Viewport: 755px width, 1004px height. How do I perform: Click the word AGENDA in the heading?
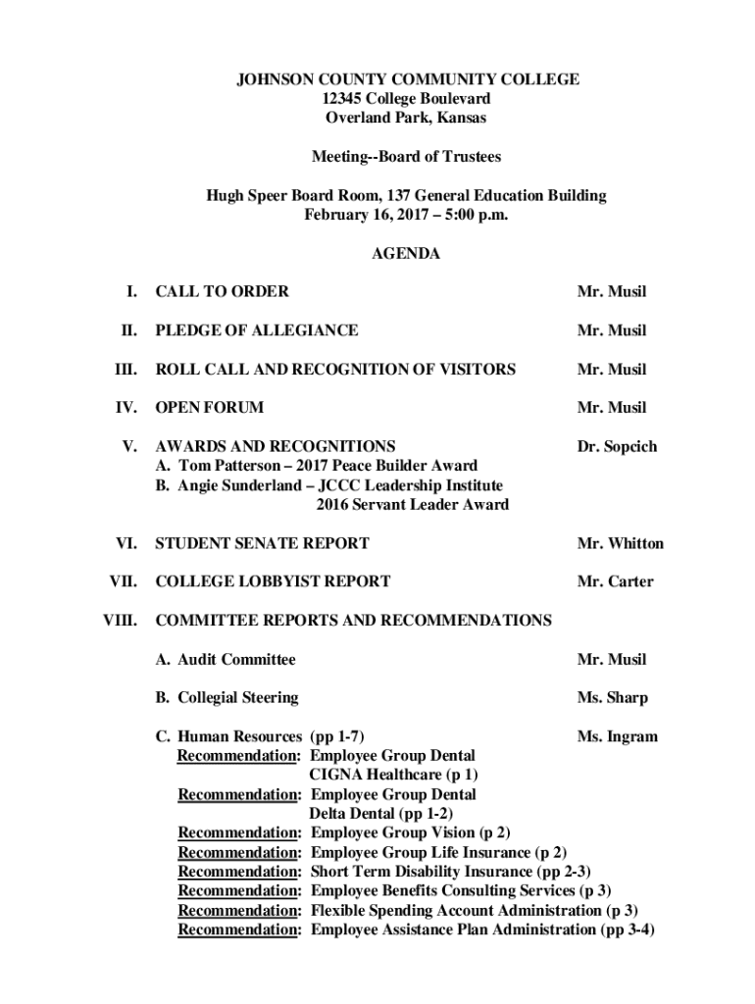(406, 254)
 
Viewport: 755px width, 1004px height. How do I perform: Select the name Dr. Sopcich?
(617, 447)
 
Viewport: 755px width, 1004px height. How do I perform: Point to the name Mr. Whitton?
(620, 543)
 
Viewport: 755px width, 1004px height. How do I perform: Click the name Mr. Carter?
(615, 581)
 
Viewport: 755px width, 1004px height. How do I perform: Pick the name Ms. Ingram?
(617, 736)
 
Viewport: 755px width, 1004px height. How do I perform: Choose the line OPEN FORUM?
(209, 408)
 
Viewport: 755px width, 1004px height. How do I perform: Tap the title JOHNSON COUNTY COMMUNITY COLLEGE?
(406, 79)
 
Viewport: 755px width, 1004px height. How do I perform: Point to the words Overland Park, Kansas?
(406, 119)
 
